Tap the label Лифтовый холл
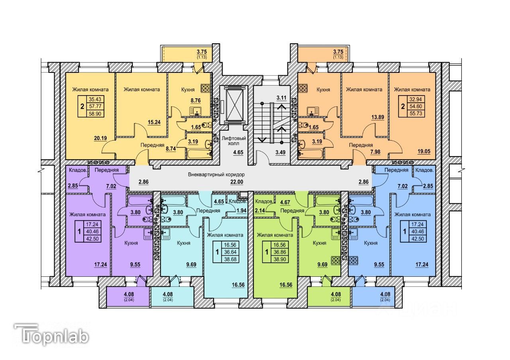pyautogui.click(x=234, y=141)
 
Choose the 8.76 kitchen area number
pyautogui.click(x=195, y=101)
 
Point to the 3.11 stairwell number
pyautogui.click(x=282, y=98)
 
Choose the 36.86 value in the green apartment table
pyautogui.click(x=280, y=252)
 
